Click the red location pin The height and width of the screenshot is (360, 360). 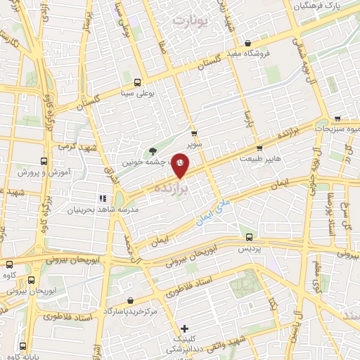[x=181, y=164]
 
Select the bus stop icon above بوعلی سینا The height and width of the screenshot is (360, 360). [x=137, y=81]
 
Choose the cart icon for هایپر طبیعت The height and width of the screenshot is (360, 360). [x=259, y=148]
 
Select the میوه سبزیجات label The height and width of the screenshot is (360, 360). [x=338, y=129]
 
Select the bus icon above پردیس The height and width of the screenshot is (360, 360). [x=248, y=238]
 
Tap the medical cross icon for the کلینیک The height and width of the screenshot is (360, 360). [x=184, y=328]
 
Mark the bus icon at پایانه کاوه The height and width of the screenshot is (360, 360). [x=23, y=345]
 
